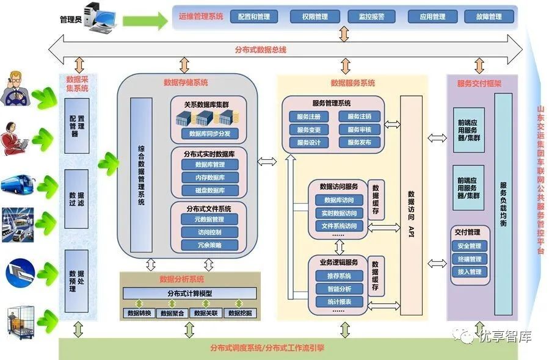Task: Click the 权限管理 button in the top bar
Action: (x=313, y=16)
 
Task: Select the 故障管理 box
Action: (x=489, y=16)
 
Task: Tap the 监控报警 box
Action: (x=372, y=16)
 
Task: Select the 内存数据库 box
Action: (x=209, y=178)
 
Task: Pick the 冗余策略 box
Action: (x=209, y=245)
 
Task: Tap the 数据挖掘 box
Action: (x=240, y=313)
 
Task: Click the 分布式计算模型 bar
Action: (x=189, y=293)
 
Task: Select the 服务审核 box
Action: (x=363, y=129)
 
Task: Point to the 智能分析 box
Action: (x=339, y=289)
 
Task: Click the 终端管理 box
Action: (x=470, y=259)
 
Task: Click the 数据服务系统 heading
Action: (x=353, y=83)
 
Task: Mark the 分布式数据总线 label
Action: (x=260, y=49)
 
